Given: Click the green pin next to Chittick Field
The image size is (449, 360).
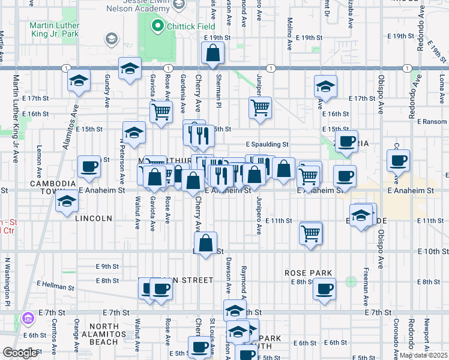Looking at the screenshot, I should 158,26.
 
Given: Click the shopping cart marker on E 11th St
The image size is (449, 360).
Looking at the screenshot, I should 310,232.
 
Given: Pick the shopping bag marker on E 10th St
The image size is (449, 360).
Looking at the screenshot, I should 206,243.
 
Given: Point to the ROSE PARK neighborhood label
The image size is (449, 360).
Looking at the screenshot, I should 309,273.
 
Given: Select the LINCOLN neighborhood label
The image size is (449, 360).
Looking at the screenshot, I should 94,218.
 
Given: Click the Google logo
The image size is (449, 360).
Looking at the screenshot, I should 20,353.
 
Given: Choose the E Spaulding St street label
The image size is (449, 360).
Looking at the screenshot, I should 268,145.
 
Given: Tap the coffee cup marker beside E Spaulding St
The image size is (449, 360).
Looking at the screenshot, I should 346,142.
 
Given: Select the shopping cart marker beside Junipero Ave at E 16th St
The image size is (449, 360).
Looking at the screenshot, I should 260,108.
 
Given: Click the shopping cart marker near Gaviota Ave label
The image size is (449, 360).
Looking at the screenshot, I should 161,112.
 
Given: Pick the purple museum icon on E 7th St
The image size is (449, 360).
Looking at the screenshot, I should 27,318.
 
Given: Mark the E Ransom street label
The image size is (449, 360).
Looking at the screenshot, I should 432,121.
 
